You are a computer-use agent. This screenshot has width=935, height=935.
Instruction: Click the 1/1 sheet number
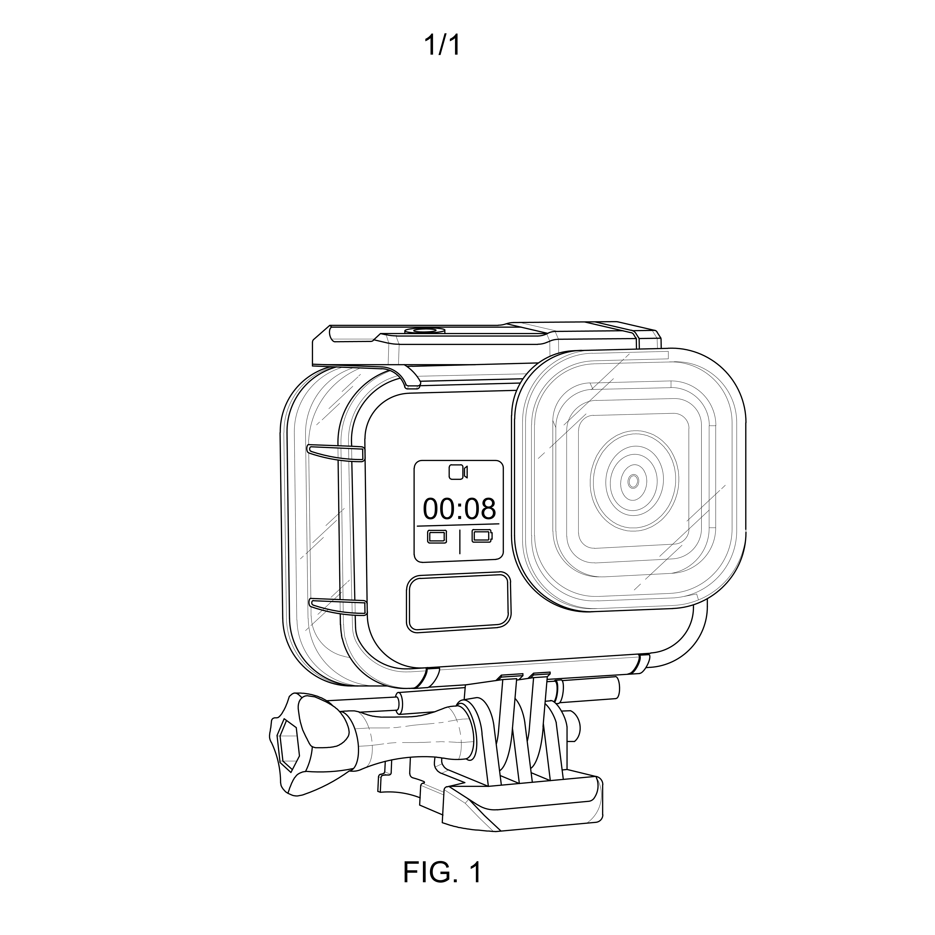pyautogui.click(x=442, y=46)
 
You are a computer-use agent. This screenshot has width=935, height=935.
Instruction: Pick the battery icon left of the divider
pyautogui.click(x=437, y=536)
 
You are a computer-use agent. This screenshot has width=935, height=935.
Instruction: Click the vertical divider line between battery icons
pyautogui.click(x=459, y=541)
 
